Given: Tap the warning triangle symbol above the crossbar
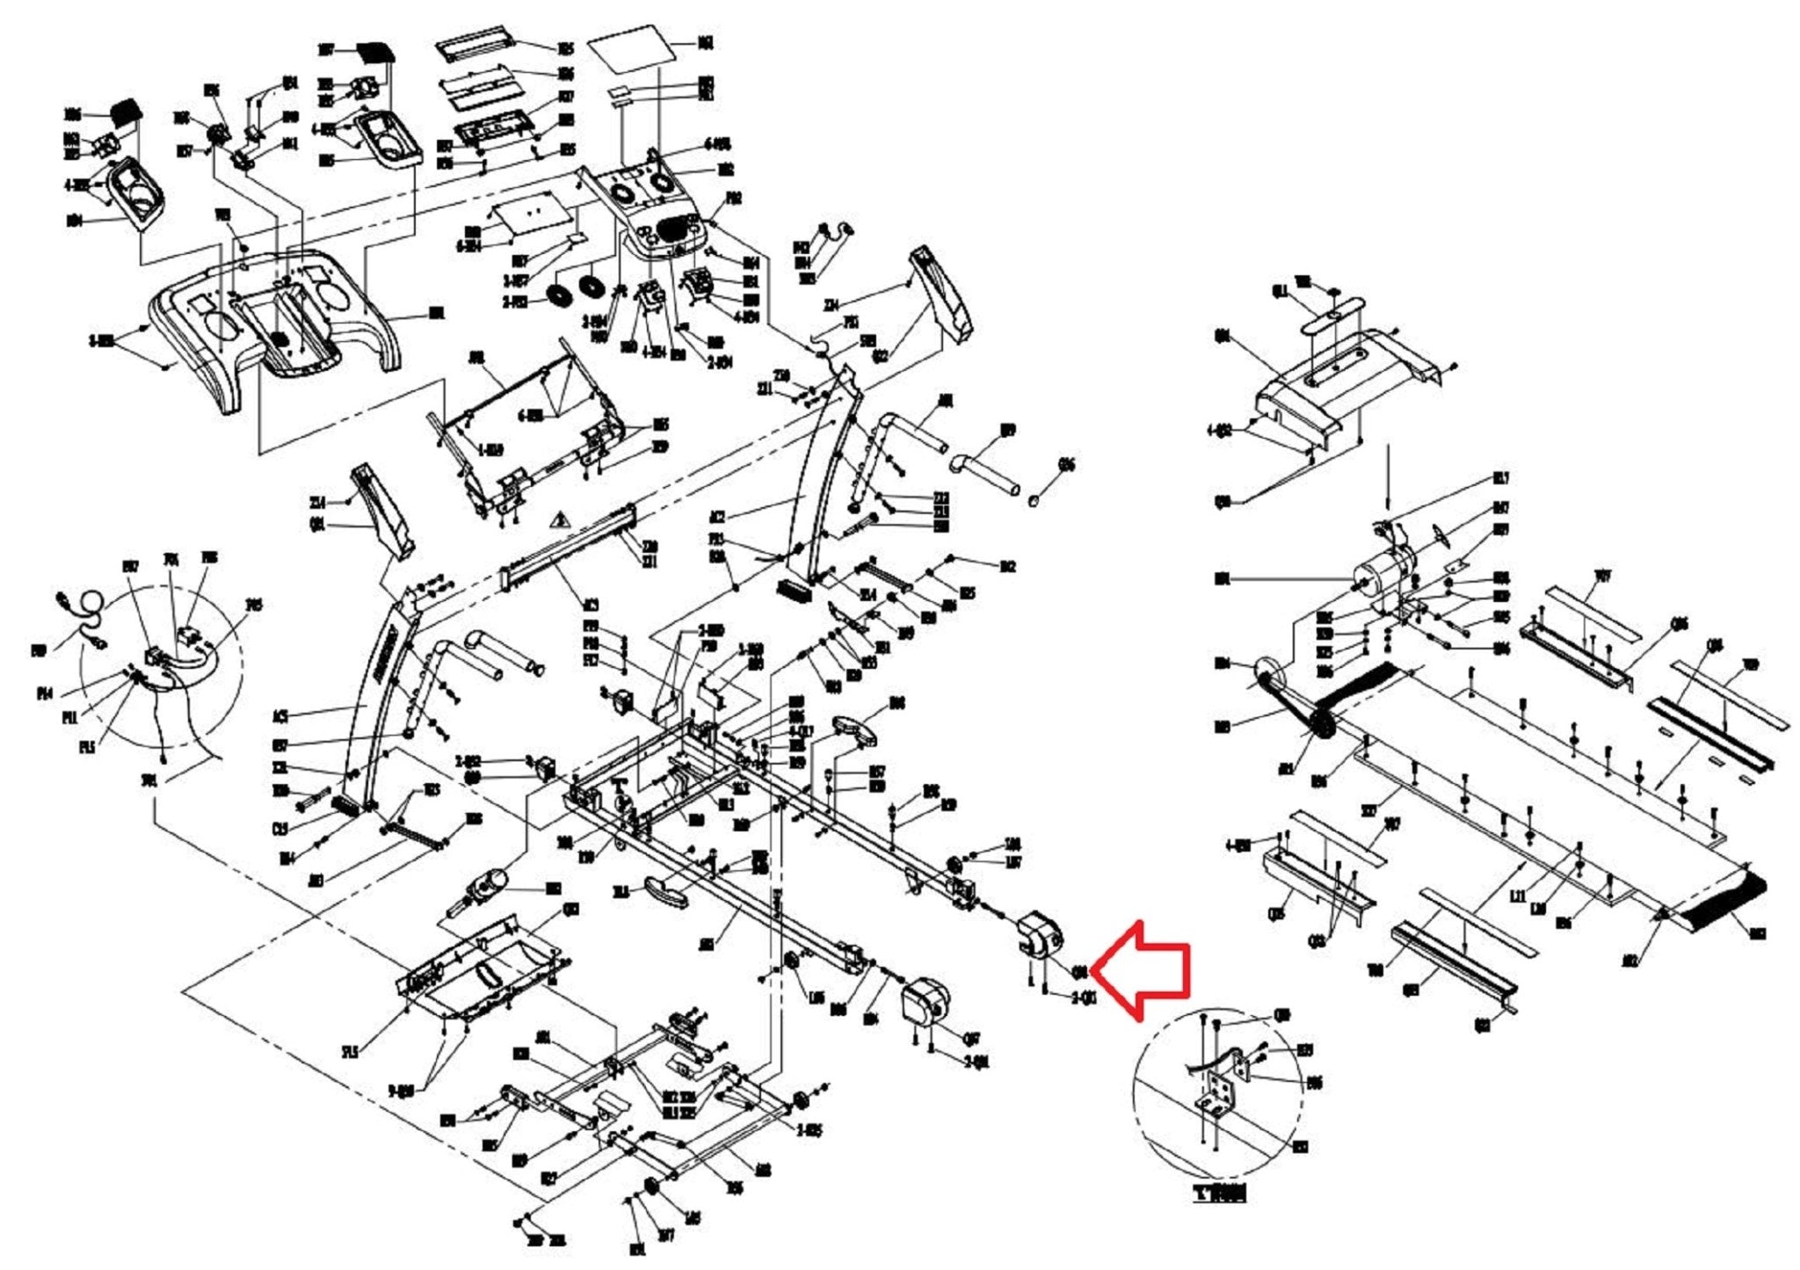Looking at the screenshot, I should (556, 521).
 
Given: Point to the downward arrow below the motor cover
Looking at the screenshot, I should (1388, 475).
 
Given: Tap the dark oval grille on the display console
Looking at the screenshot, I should (675, 232).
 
